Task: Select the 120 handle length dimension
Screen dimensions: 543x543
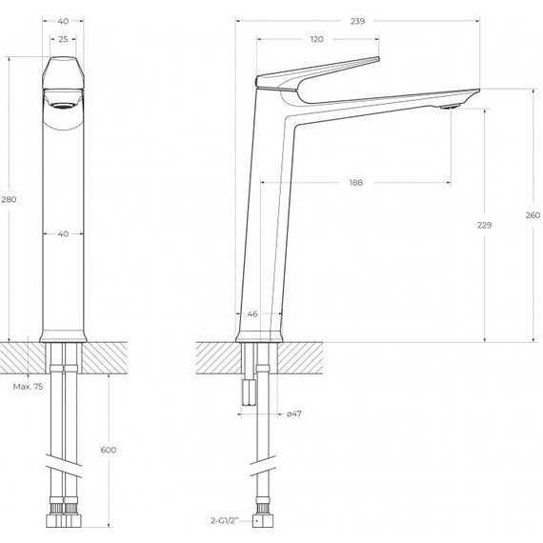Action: pyautogui.click(x=317, y=39)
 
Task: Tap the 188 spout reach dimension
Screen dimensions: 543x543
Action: pyautogui.click(x=355, y=182)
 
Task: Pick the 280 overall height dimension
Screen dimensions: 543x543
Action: pyautogui.click(x=10, y=199)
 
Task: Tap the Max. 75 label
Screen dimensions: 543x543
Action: pyautogui.click(x=27, y=387)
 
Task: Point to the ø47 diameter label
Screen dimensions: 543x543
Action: pyautogui.click(x=294, y=414)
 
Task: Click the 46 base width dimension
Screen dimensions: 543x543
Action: pyautogui.click(x=252, y=312)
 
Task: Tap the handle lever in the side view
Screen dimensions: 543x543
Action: pyautogui.click(x=324, y=71)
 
